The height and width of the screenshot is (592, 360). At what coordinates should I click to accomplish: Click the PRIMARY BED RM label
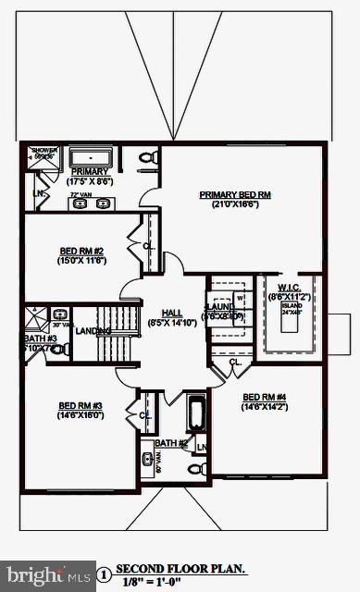235,194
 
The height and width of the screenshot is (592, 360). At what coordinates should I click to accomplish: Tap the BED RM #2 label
82,251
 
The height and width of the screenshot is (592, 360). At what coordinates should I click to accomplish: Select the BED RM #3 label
81,406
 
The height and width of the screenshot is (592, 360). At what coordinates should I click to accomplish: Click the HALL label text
171,313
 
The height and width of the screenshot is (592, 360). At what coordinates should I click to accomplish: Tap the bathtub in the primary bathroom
91,155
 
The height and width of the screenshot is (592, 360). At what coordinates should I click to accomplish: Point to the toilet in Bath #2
195,469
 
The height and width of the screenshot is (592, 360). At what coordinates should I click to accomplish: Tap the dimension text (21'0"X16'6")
235,204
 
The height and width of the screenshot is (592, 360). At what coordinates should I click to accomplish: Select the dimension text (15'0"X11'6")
82,261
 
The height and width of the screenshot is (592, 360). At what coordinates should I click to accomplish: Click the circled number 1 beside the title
104,575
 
